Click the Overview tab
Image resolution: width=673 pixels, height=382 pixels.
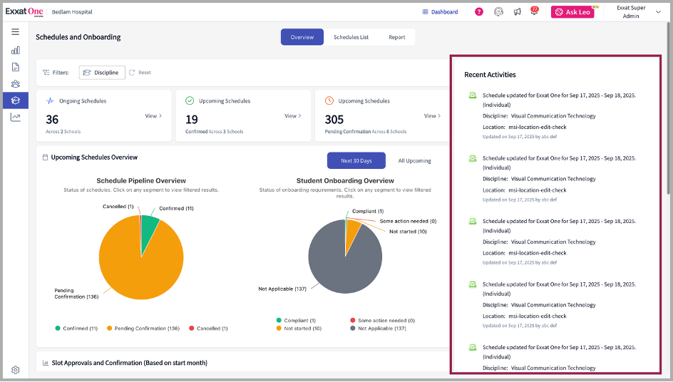point(302,37)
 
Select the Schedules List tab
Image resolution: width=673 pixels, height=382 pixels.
point(351,37)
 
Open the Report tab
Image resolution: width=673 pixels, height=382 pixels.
point(396,37)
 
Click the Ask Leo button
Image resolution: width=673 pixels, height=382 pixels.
point(572,12)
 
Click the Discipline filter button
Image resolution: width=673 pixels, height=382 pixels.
point(102,73)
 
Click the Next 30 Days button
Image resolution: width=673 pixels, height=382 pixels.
point(356,160)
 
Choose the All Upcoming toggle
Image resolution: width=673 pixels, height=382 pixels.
point(414,160)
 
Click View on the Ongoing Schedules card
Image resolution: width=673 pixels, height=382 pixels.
point(153,116)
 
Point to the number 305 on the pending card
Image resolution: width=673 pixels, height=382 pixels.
point(334,120)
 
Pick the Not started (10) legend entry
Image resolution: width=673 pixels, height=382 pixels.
point(299,329)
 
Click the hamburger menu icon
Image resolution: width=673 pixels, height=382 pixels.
point(15,32)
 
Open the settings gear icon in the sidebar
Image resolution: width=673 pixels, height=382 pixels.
point(15,370)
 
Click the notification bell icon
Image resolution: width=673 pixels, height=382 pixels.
point(534,12)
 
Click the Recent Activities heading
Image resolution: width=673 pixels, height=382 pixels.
point(490,75)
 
